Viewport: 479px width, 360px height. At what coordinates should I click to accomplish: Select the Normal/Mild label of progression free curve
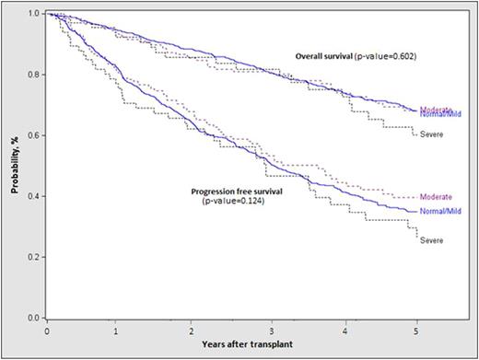[x=439, y=212]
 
